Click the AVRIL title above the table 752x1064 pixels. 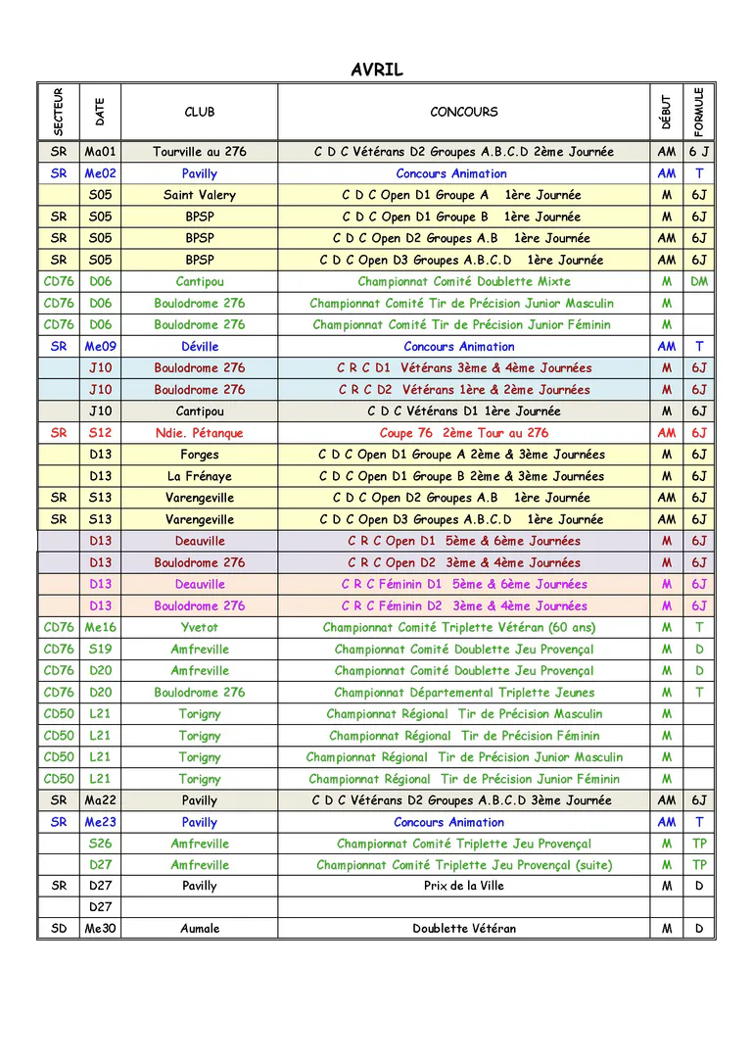click(376, 70)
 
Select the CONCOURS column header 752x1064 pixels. click(463, 112)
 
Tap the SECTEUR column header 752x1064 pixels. click(59, 112)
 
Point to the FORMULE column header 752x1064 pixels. click(698, 112)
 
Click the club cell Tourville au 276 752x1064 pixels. click(200, 152)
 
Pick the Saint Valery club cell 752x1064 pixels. click(200, 195)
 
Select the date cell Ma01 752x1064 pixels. click(101, 152)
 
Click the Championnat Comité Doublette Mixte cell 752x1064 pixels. click(463, 281)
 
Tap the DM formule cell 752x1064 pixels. click(698, 281)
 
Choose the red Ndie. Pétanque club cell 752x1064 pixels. click(200, 433)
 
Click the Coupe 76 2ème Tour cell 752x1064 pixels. click(463, 433)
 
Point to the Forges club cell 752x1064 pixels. click(200, 455)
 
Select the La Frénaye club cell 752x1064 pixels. click(200, 476)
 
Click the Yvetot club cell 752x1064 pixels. click(200, 627)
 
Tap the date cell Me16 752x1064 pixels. click(101, 627)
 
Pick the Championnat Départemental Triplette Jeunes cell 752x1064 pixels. click(463, 692)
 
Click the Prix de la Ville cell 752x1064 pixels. click(463, 886)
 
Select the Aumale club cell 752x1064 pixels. click(200, 928)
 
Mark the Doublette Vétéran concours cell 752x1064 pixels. click(463, 928)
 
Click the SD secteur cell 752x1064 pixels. click(59, 928)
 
